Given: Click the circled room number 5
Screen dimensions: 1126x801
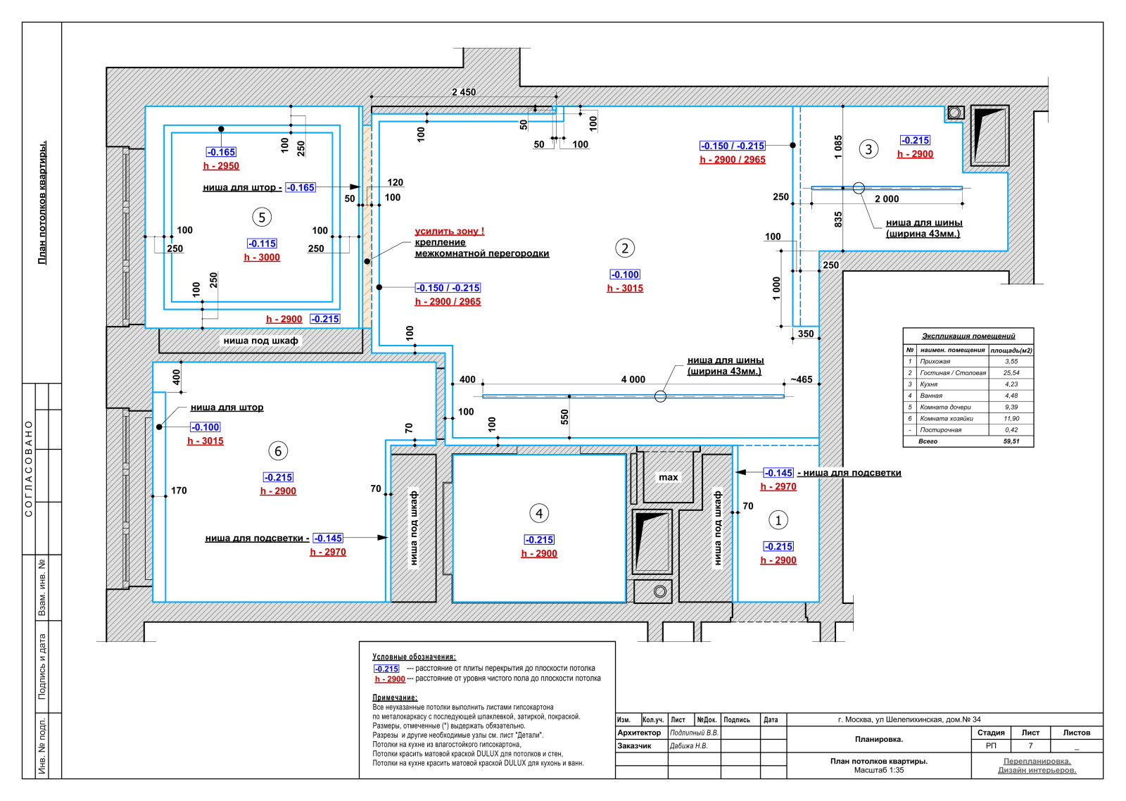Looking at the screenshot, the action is [x=262, y=217].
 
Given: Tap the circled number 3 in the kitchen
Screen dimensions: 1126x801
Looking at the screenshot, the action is [x=868, y=149].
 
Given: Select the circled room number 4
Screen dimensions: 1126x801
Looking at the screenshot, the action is [x=539, y=513].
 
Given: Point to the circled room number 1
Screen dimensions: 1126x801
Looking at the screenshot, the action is [x=778, y=520].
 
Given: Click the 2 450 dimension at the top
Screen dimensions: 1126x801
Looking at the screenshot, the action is [x=464, y=92].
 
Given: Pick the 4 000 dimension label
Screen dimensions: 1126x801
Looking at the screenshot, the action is [x=633, y=379].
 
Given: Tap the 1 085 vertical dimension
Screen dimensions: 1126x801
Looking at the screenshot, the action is [x=838, y=147].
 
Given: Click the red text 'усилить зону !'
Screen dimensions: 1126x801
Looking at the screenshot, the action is [x=450, y=232].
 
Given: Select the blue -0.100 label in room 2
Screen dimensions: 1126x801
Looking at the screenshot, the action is [x=625, y=275].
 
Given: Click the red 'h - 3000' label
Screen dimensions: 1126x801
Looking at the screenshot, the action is [x=262, y=258].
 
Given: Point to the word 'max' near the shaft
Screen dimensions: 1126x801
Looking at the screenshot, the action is [x=668, y=477].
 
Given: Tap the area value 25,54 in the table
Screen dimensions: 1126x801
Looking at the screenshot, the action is [x=1011, y=372].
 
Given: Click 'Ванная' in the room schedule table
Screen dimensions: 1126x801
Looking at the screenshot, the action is [x=932, y=396].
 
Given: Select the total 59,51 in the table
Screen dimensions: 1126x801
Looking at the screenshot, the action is [x=1011, y=441].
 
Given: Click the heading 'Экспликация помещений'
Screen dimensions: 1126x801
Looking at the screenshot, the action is [x=968, y=336].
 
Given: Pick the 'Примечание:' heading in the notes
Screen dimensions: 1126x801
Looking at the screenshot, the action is [x=395, y=698].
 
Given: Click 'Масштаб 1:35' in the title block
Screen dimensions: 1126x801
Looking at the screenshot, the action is [x=879, y=770].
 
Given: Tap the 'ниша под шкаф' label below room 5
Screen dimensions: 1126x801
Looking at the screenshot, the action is [x=260, y=341].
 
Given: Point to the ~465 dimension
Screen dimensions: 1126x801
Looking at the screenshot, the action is [x=802, y=379].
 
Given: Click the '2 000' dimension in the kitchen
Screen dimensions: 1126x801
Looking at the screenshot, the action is [x=887, y=199].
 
